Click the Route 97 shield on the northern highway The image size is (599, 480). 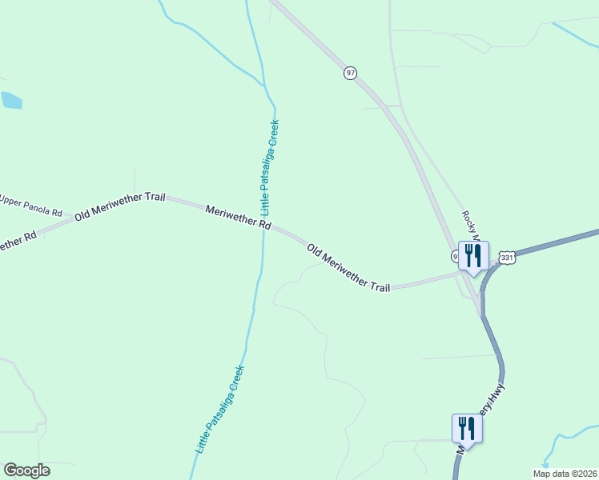click(350, 73)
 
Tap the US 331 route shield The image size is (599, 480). click(506, 258)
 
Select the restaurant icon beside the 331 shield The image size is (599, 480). click(473, 256)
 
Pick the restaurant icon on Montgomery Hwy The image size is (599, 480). click(467, 428)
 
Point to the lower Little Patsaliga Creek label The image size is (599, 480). click(219, 410)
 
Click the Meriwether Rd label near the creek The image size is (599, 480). click(238, 218)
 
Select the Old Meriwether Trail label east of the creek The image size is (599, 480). click(348, 267)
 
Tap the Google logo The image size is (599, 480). click(26, 470)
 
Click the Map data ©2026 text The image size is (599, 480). click(565, 474)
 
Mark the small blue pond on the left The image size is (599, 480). click(11, 100)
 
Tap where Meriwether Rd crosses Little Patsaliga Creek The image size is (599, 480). click(263, 225)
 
